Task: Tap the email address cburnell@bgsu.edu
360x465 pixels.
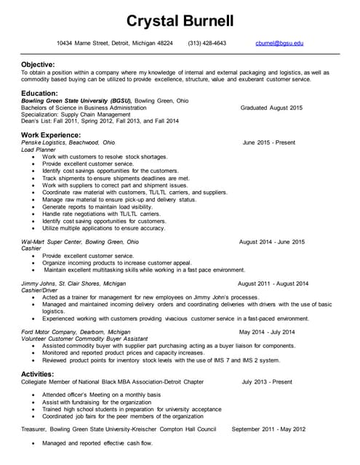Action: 279,44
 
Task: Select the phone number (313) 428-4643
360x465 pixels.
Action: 207,44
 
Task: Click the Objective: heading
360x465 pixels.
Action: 39,65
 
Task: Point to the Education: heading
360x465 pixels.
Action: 40,93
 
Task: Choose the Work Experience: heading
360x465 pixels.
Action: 51,135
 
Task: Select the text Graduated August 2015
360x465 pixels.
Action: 271,108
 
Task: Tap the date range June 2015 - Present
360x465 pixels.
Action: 269,142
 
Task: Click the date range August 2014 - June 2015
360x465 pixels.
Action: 271,241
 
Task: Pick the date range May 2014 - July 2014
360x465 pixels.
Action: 267,332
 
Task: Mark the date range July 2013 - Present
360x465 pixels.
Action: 267,381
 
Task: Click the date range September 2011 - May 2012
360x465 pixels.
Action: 268,429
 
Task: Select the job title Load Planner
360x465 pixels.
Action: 38,150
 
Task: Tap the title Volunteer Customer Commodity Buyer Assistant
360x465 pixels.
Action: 86,339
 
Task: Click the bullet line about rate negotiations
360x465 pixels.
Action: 101,214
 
